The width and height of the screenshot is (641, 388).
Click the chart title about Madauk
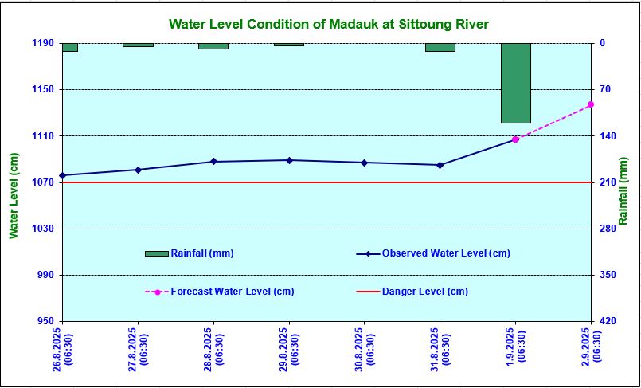pyautogui.click(x=328, y=24)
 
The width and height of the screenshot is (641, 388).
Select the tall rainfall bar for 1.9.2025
pyautogui.click(x=515, y=83)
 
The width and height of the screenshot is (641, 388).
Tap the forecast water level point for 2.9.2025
pyautogui.click(x=590, y=104)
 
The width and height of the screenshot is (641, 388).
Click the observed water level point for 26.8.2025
pyautogui.click(x=62, y=175)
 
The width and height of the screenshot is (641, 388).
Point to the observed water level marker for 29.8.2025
pyautogui.click(x=289, y=160)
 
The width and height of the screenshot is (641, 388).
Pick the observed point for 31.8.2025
pyautogui.click(x=440, y=165)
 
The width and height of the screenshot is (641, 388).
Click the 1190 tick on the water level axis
pyautogui.click(x=43, y=43)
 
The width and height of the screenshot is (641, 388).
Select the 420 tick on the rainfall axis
pyautogui.click(x=608, y=321)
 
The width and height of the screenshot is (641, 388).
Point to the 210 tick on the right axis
pyautogui.click(x=608, y=182)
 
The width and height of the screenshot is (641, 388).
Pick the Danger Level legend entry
pyautogui.click(x=424, y=292)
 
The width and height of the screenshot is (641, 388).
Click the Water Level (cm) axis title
pyautogui.click(x=14, y=195)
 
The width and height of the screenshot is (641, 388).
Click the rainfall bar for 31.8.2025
pyautogui.click(x=440, y=47)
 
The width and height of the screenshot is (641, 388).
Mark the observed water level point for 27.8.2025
pyautogui.click(x=138, y=170)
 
